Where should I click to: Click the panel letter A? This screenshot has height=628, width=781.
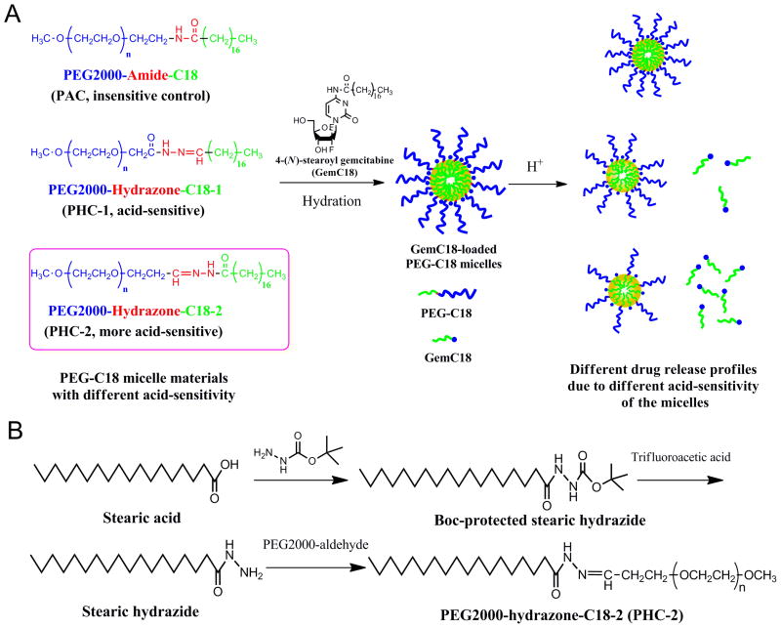tap(16, 17)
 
